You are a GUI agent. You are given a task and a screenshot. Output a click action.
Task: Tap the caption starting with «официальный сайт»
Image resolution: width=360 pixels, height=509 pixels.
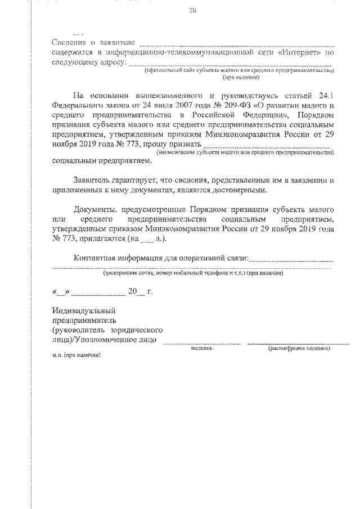point(239,71)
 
